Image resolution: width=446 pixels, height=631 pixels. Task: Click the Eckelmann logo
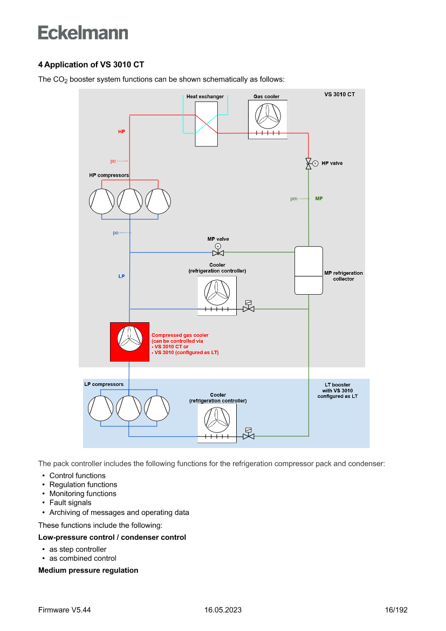83,32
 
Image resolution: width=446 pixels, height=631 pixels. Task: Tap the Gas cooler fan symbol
267,114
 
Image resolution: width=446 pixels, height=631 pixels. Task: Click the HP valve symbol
308,164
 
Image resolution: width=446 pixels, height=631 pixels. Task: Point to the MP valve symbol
218,253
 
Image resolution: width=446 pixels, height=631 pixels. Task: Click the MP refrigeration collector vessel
308,270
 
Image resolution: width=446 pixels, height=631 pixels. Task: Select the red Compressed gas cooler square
129,342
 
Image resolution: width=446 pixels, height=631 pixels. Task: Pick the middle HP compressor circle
130,201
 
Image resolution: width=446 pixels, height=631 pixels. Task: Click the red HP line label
121,131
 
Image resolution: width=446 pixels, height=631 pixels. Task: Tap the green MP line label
319,199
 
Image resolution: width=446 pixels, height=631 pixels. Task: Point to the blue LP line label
121,276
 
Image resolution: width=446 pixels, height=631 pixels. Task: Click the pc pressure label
113,161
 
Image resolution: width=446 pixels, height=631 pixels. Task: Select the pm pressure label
294,199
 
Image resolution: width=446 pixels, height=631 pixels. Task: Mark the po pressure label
115,233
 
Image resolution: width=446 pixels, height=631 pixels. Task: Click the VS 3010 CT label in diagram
339,94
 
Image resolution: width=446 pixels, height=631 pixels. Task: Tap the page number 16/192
396,610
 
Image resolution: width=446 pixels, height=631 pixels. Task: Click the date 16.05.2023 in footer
223,610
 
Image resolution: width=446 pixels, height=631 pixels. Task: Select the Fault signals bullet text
70,503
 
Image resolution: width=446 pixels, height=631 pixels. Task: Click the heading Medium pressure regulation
88,570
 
